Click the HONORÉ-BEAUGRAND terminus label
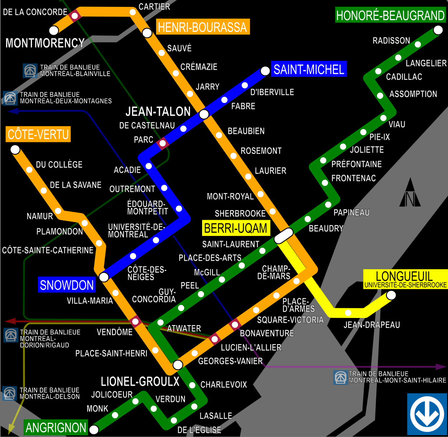[x=390, y=15]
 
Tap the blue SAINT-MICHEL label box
[x=309, y=69]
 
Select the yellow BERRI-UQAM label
[x=235, y=228]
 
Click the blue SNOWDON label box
[x=67, y=285]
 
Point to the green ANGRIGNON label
[x=56, y=427]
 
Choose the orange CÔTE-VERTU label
[x=38, y=134]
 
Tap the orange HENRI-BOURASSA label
[x=202, y=27]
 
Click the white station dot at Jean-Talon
[x=204, y=114]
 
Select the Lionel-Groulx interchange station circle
[x=178, y=365]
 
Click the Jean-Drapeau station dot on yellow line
[x=348, y=313]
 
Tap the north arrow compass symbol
[x=410, y=194]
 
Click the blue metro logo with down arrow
[x=427, y=414]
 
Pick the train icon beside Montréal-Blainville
[x=30, y=71]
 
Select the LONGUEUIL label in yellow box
[x=404, y=276]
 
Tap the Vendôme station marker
[x=135, y=321]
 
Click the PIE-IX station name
[x=379, y=137]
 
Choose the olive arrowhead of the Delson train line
[x=11, y=428]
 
